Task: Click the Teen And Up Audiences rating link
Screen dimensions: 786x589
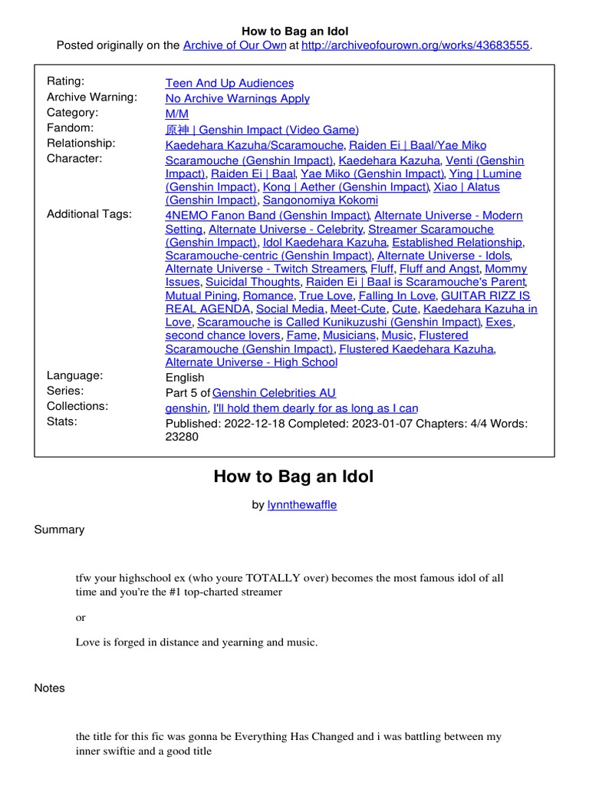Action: (229, 83)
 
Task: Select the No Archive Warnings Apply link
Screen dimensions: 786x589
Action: (237, 98)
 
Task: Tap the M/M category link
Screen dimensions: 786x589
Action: (176, 114)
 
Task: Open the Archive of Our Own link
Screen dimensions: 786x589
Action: (234, 45)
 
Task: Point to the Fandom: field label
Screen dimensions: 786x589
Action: (71, 128)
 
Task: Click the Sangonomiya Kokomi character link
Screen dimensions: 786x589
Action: (310, 200)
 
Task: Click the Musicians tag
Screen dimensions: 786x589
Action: (349, 335)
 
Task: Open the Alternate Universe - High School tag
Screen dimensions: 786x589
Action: (251, 362)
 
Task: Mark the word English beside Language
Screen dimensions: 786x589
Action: (185, 378)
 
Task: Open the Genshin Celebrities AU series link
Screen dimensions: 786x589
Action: (274, 393)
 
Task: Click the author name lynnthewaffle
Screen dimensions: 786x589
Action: (301, 504)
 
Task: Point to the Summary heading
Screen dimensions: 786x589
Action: (59, 530)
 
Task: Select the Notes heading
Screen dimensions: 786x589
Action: (50, 688)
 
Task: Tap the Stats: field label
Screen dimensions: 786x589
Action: (63, 421)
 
